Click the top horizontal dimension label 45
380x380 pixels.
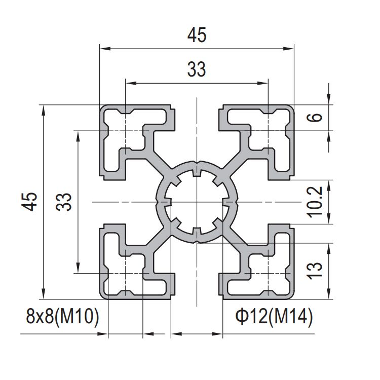click(197, 35)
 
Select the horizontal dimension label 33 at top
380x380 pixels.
click(197, 69)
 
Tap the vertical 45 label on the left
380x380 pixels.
click(29, 202)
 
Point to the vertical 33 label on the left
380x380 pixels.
click(64, 202)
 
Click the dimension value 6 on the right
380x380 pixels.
click(315, 118)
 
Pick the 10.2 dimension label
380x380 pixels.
click(315, 202)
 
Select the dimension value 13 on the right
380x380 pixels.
click(315, 271)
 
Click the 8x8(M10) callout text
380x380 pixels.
click(62, 316)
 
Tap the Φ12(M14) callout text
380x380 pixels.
click(274, 316)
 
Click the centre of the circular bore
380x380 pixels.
click(197, 202)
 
